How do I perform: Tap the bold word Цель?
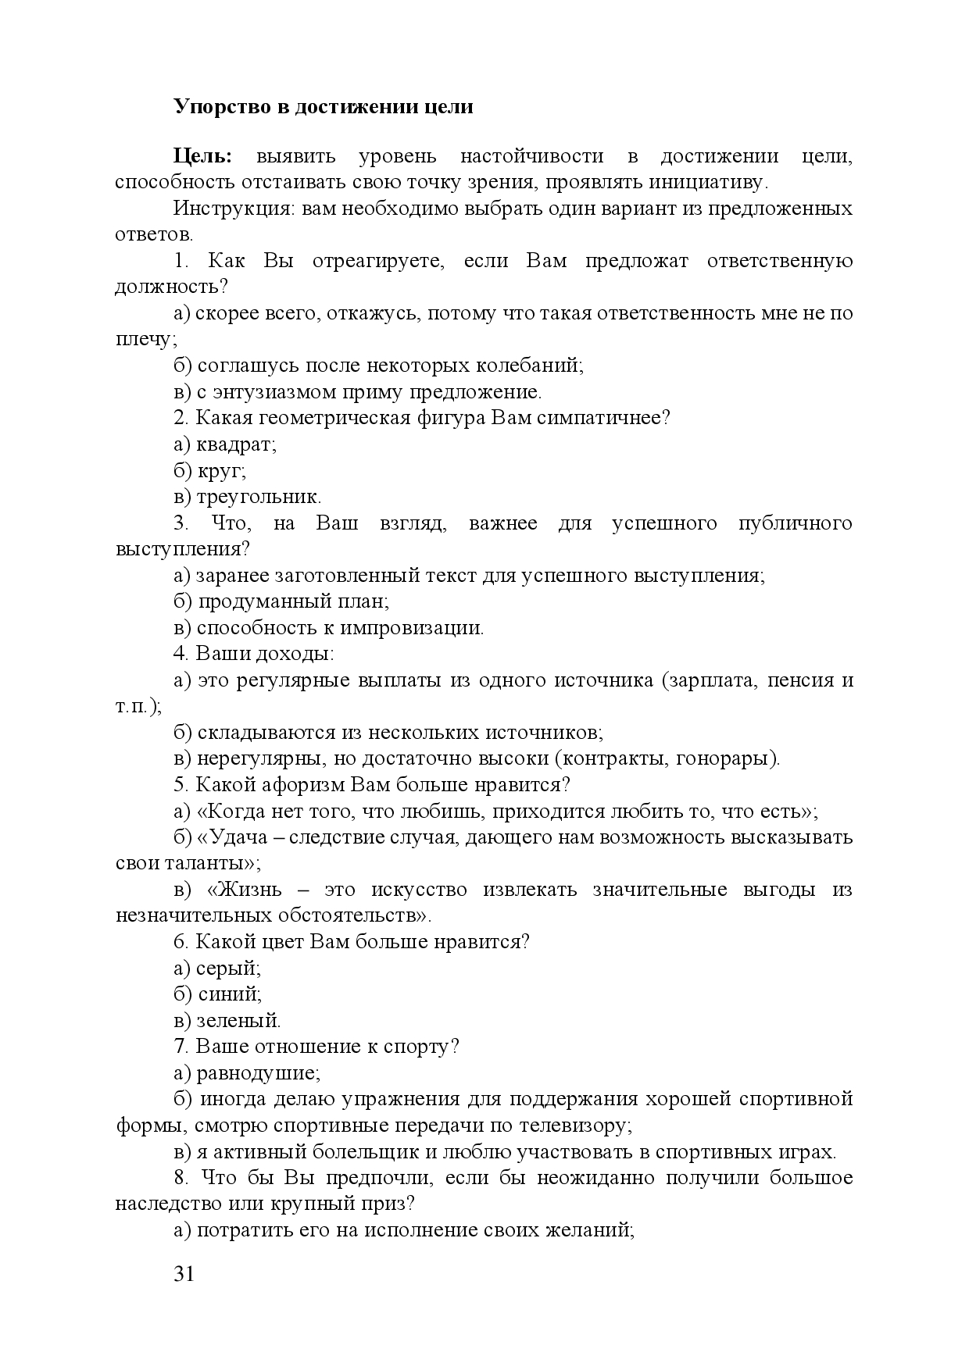click(x=202, y=156)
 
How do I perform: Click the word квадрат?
click(x=235, y=445)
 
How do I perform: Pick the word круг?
click(x=221, y=472)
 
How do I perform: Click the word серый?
click(x=227, y=969)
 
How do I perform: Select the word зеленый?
click(x=238, y=1021)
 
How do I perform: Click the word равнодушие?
click(x=257, y=1073)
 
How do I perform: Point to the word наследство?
click(x=164, y=1204)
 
